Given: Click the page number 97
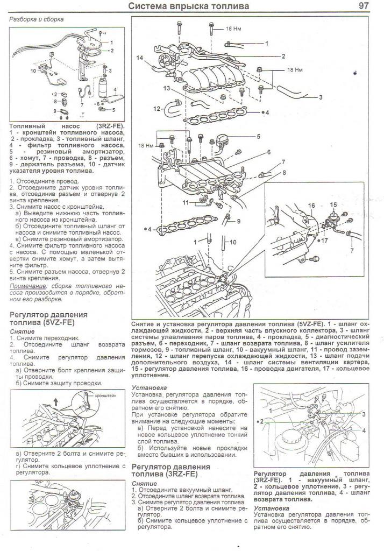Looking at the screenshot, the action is coord(363,5).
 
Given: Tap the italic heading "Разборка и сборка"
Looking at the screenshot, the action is coord(36,19).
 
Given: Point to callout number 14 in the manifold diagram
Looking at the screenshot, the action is coord(140,58).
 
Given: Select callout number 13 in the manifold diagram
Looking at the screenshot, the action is coord(166,88).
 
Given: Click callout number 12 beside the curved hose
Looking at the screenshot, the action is coord(157,109).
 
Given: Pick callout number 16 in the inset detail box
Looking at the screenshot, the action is coord(311,206).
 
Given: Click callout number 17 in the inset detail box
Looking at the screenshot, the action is coord(324,241).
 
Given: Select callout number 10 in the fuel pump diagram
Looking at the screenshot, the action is coord(33,70).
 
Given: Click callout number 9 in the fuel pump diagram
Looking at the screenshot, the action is coord(55,111).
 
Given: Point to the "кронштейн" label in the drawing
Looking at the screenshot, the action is coord(106,395).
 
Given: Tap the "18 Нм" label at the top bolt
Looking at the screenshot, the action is coord(233,29).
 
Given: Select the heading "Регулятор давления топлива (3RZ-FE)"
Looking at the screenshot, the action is coord(170,470).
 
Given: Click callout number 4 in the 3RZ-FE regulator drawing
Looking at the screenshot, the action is coord(364,430).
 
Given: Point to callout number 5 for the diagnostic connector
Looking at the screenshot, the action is coord(258,136).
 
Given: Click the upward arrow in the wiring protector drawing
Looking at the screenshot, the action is coord(55,401).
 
